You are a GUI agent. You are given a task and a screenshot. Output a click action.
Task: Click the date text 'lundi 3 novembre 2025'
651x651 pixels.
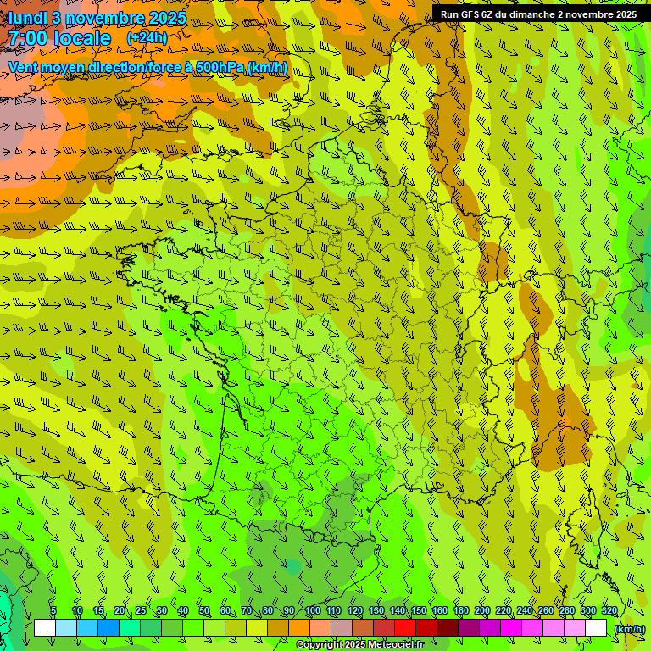(x=97, y=18)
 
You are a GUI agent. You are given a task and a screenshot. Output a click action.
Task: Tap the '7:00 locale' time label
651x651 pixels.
(x=59, y=38)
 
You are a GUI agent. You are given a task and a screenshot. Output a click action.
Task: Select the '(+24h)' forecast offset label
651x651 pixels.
(x=147, y=38)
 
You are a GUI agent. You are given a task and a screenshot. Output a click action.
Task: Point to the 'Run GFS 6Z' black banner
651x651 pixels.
(x=539, y=14)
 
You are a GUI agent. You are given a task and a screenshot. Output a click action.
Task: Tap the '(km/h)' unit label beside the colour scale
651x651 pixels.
(x=628, y=629)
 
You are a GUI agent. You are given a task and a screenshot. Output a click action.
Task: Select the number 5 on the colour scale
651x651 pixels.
(x=53, y=610)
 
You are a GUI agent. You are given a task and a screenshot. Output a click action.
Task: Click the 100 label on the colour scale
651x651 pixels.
(x=312, y=610)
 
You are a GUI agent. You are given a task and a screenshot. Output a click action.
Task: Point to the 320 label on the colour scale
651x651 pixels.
(x=609, y=610)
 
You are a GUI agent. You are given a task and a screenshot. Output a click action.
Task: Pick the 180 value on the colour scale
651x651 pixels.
(x=460, y=610)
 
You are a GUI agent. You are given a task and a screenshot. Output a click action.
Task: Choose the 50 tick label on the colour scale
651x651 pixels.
(x=203, y=610)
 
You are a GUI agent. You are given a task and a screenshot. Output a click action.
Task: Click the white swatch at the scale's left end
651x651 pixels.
(x=45, y=628)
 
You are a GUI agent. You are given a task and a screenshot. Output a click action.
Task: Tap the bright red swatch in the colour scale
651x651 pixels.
(x=405, y=628)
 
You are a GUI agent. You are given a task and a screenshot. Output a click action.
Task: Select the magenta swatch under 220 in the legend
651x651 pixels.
(x=511, y=628)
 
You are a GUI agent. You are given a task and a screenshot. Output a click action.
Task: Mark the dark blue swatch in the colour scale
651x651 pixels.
(x=108, y=628)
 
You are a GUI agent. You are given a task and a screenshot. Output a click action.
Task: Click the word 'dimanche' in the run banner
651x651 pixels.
(x=530, y=14)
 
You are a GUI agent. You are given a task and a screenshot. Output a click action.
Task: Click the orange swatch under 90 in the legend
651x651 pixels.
(x=299, y=628)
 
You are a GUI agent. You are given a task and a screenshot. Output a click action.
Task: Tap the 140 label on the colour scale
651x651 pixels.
(x=397, y=610)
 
